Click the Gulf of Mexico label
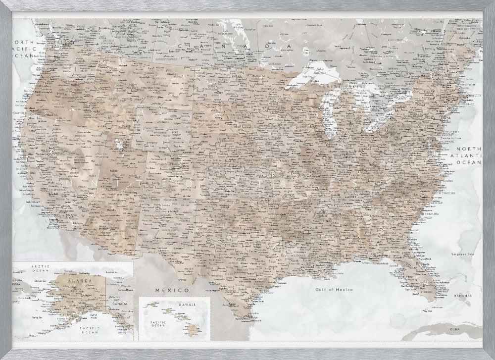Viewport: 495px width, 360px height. coord(335,289)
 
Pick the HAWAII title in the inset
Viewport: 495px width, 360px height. coord(188,304)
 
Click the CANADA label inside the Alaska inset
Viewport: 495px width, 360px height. coord(121,304)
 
